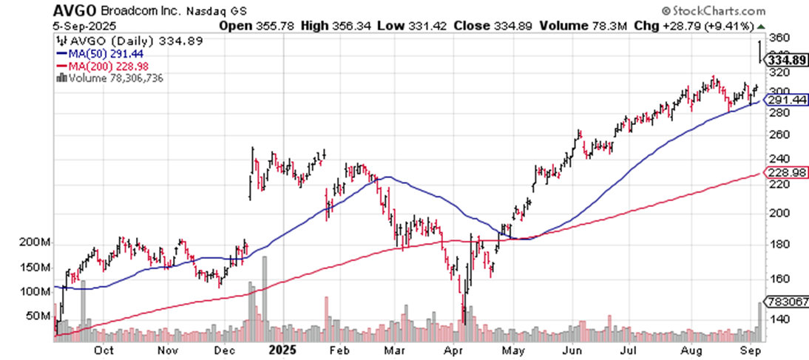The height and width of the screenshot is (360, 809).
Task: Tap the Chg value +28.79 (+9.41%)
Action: (697, 25)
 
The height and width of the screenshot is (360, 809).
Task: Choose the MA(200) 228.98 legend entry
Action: (96, 66)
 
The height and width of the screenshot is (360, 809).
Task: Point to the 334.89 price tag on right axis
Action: (784, 60)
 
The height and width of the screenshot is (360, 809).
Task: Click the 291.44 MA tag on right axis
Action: (784, 99)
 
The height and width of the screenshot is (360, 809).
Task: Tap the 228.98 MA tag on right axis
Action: (784, 172)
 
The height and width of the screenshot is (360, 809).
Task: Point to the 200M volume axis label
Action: (35, 243)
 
